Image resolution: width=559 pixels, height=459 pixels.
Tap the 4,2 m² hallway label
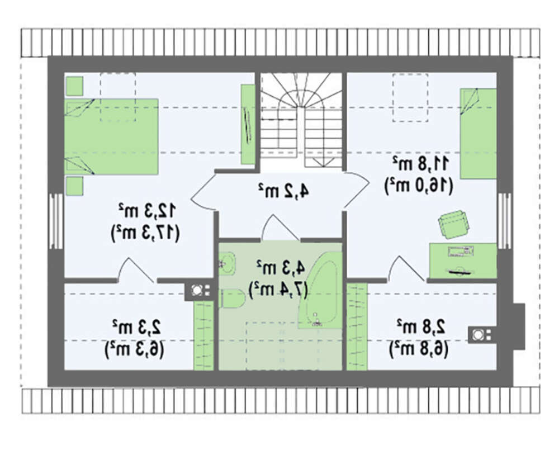(x=283, y=191)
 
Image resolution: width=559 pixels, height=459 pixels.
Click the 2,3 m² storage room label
(x=138, y=327)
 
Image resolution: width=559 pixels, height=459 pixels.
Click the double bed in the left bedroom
(x=111, y=136)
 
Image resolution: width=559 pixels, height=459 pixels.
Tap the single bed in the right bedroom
(x=479, y=134)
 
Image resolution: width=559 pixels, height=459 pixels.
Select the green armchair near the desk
(x=453, y=223)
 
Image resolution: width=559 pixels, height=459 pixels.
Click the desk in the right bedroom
(x=463, y=261)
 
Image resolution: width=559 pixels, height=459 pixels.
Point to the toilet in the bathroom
(x=233, y=299)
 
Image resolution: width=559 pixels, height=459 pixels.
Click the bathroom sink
(x=227, y=263)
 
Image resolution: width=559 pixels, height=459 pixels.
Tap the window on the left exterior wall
(x=56, y=221)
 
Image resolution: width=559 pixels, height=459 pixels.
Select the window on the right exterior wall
(x=504, y=221)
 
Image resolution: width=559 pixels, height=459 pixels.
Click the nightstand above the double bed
(x=74, y=86)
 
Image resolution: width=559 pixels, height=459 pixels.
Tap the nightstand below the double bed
(x=74, y=186)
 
